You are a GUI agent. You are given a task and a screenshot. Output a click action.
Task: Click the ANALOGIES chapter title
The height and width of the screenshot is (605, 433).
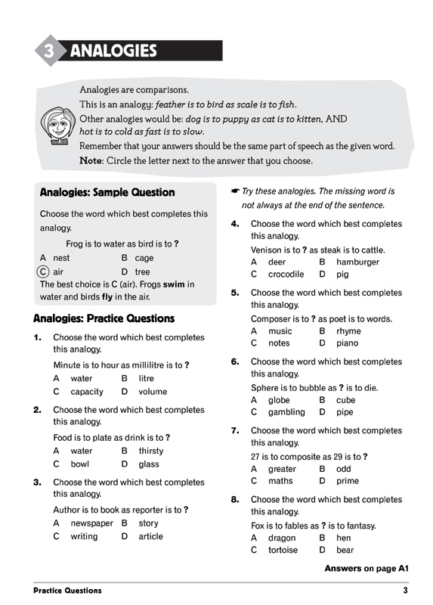tap(113, 51)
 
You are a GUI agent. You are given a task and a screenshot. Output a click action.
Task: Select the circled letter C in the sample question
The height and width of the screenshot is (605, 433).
tap(44, 271)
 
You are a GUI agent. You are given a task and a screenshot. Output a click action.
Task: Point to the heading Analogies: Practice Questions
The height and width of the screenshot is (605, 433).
tap(104, 318)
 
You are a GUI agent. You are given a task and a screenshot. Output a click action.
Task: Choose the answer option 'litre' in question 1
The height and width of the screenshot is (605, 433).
tap(146, 378)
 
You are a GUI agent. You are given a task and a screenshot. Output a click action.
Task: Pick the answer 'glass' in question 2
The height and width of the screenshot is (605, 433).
tap(149, 464)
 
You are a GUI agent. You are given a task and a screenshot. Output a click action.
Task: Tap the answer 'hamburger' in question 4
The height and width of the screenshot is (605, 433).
tap(357, 262)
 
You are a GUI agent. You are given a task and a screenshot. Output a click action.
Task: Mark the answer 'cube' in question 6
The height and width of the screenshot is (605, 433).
tap(345, 400)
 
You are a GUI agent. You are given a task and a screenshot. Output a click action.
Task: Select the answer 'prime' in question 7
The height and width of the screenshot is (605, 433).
tap(348, 481)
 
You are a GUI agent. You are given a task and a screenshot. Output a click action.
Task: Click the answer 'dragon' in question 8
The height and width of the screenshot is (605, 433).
tap(282, 538)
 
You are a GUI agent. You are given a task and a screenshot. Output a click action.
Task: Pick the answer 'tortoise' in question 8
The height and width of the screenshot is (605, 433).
tap(283, 550)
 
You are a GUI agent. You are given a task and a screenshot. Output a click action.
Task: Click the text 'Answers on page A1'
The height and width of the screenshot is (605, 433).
tap(366, 568)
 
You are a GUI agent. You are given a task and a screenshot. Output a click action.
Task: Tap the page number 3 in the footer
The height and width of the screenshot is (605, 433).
tap(405, 590)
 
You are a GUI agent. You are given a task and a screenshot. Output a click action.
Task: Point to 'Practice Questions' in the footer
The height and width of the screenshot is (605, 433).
tap(67, 590)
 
